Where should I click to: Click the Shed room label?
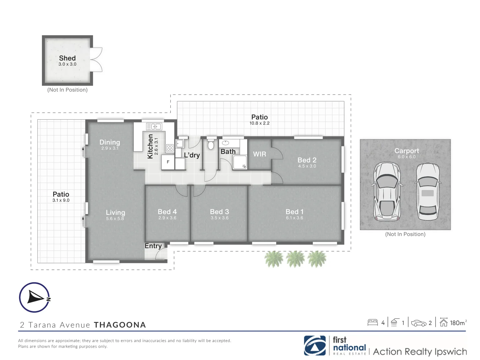coord(67,58)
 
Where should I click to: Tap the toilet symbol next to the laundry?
coord(210,144)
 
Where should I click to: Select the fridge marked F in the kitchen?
coord(168,162)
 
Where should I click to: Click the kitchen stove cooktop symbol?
coord(170,148)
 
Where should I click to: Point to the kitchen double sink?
coord(154,127)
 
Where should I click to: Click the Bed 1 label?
coord(294,212)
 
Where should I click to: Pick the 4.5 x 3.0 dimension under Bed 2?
coord(307,166)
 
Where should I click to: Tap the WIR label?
coord(259,154)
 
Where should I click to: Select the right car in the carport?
coord(428,192)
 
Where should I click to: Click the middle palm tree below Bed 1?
coord(295,259)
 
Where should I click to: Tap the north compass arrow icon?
coord(35,297)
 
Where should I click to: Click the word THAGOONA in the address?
coord(120,325)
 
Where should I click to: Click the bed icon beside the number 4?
coord(373,322)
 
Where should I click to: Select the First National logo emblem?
coord(315,346)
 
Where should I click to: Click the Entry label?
coord(153,246)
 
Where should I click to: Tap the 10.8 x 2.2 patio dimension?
coord(259,123)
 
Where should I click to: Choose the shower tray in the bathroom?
coord(240,162)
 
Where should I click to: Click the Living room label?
coord(115,213)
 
